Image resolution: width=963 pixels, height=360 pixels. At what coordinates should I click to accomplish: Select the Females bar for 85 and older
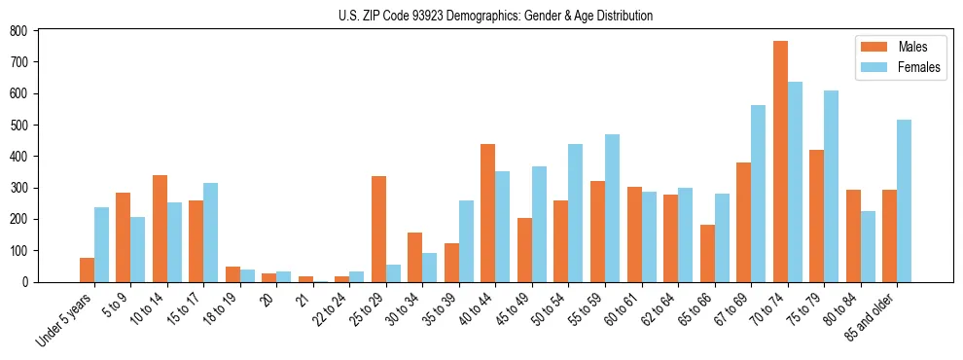pos(904,200)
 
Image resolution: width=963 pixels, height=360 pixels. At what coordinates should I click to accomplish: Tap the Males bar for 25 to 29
pos(378,229)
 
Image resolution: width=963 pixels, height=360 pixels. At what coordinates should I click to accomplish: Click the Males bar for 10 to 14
pos(160,229)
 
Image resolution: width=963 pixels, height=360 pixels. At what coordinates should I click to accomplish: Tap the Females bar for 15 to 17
pos(210,233)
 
